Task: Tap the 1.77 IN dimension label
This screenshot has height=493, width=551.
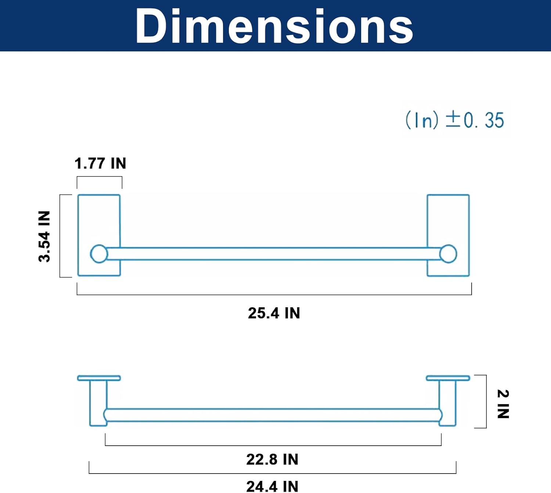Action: pyautogui.click(x=100, y=163)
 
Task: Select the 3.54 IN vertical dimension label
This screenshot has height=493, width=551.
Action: pyautogui.click(x=44, y=236)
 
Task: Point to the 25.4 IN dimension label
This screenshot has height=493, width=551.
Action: pyautogui.click(x=274, y=313)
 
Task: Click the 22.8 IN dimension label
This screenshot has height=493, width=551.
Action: pyautogui.click(x=272, y=459)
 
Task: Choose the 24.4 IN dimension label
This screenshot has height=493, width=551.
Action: pyautogui.click(x=272, y=486)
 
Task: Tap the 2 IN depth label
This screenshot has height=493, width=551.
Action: pyautogui.click(x=503, y=404)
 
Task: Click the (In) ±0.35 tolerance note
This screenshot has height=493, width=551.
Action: pyautogui.click(x=455, y=120)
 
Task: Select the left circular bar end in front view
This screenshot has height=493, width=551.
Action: pyautogui.click(x=99, y=254)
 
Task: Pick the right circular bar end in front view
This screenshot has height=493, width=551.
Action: pyautogui.click(x=448, y=254)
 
